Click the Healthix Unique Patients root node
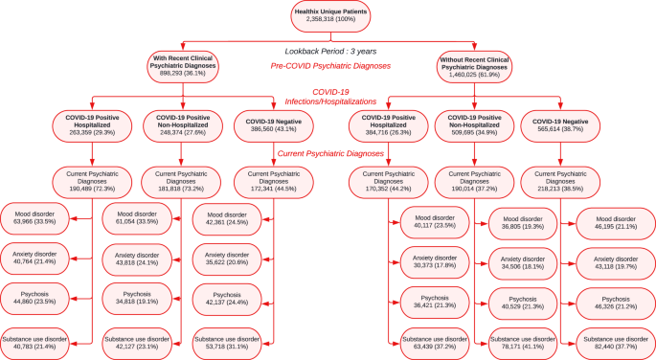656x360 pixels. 330,15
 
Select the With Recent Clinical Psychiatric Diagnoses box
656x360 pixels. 183,66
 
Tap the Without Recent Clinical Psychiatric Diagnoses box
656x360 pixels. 474,67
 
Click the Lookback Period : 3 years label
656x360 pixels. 330,52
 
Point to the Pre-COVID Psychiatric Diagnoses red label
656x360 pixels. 330,66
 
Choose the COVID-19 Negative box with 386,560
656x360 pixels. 274,125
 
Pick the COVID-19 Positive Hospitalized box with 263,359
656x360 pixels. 92,125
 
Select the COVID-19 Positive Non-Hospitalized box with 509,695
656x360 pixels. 474,125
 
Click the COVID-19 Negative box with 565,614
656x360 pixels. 560,125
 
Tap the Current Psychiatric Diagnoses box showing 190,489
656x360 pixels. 92,182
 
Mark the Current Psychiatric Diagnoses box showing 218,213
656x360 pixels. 560,182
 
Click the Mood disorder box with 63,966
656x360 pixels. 34,218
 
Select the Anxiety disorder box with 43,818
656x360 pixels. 137,259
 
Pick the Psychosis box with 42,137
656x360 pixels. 227,300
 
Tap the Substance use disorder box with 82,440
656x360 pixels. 616,344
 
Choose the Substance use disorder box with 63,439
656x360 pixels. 435,344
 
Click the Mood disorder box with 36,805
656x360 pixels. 523,223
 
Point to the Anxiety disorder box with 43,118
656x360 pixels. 616,263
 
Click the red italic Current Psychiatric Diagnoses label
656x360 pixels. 330,154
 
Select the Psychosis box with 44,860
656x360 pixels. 34,299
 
